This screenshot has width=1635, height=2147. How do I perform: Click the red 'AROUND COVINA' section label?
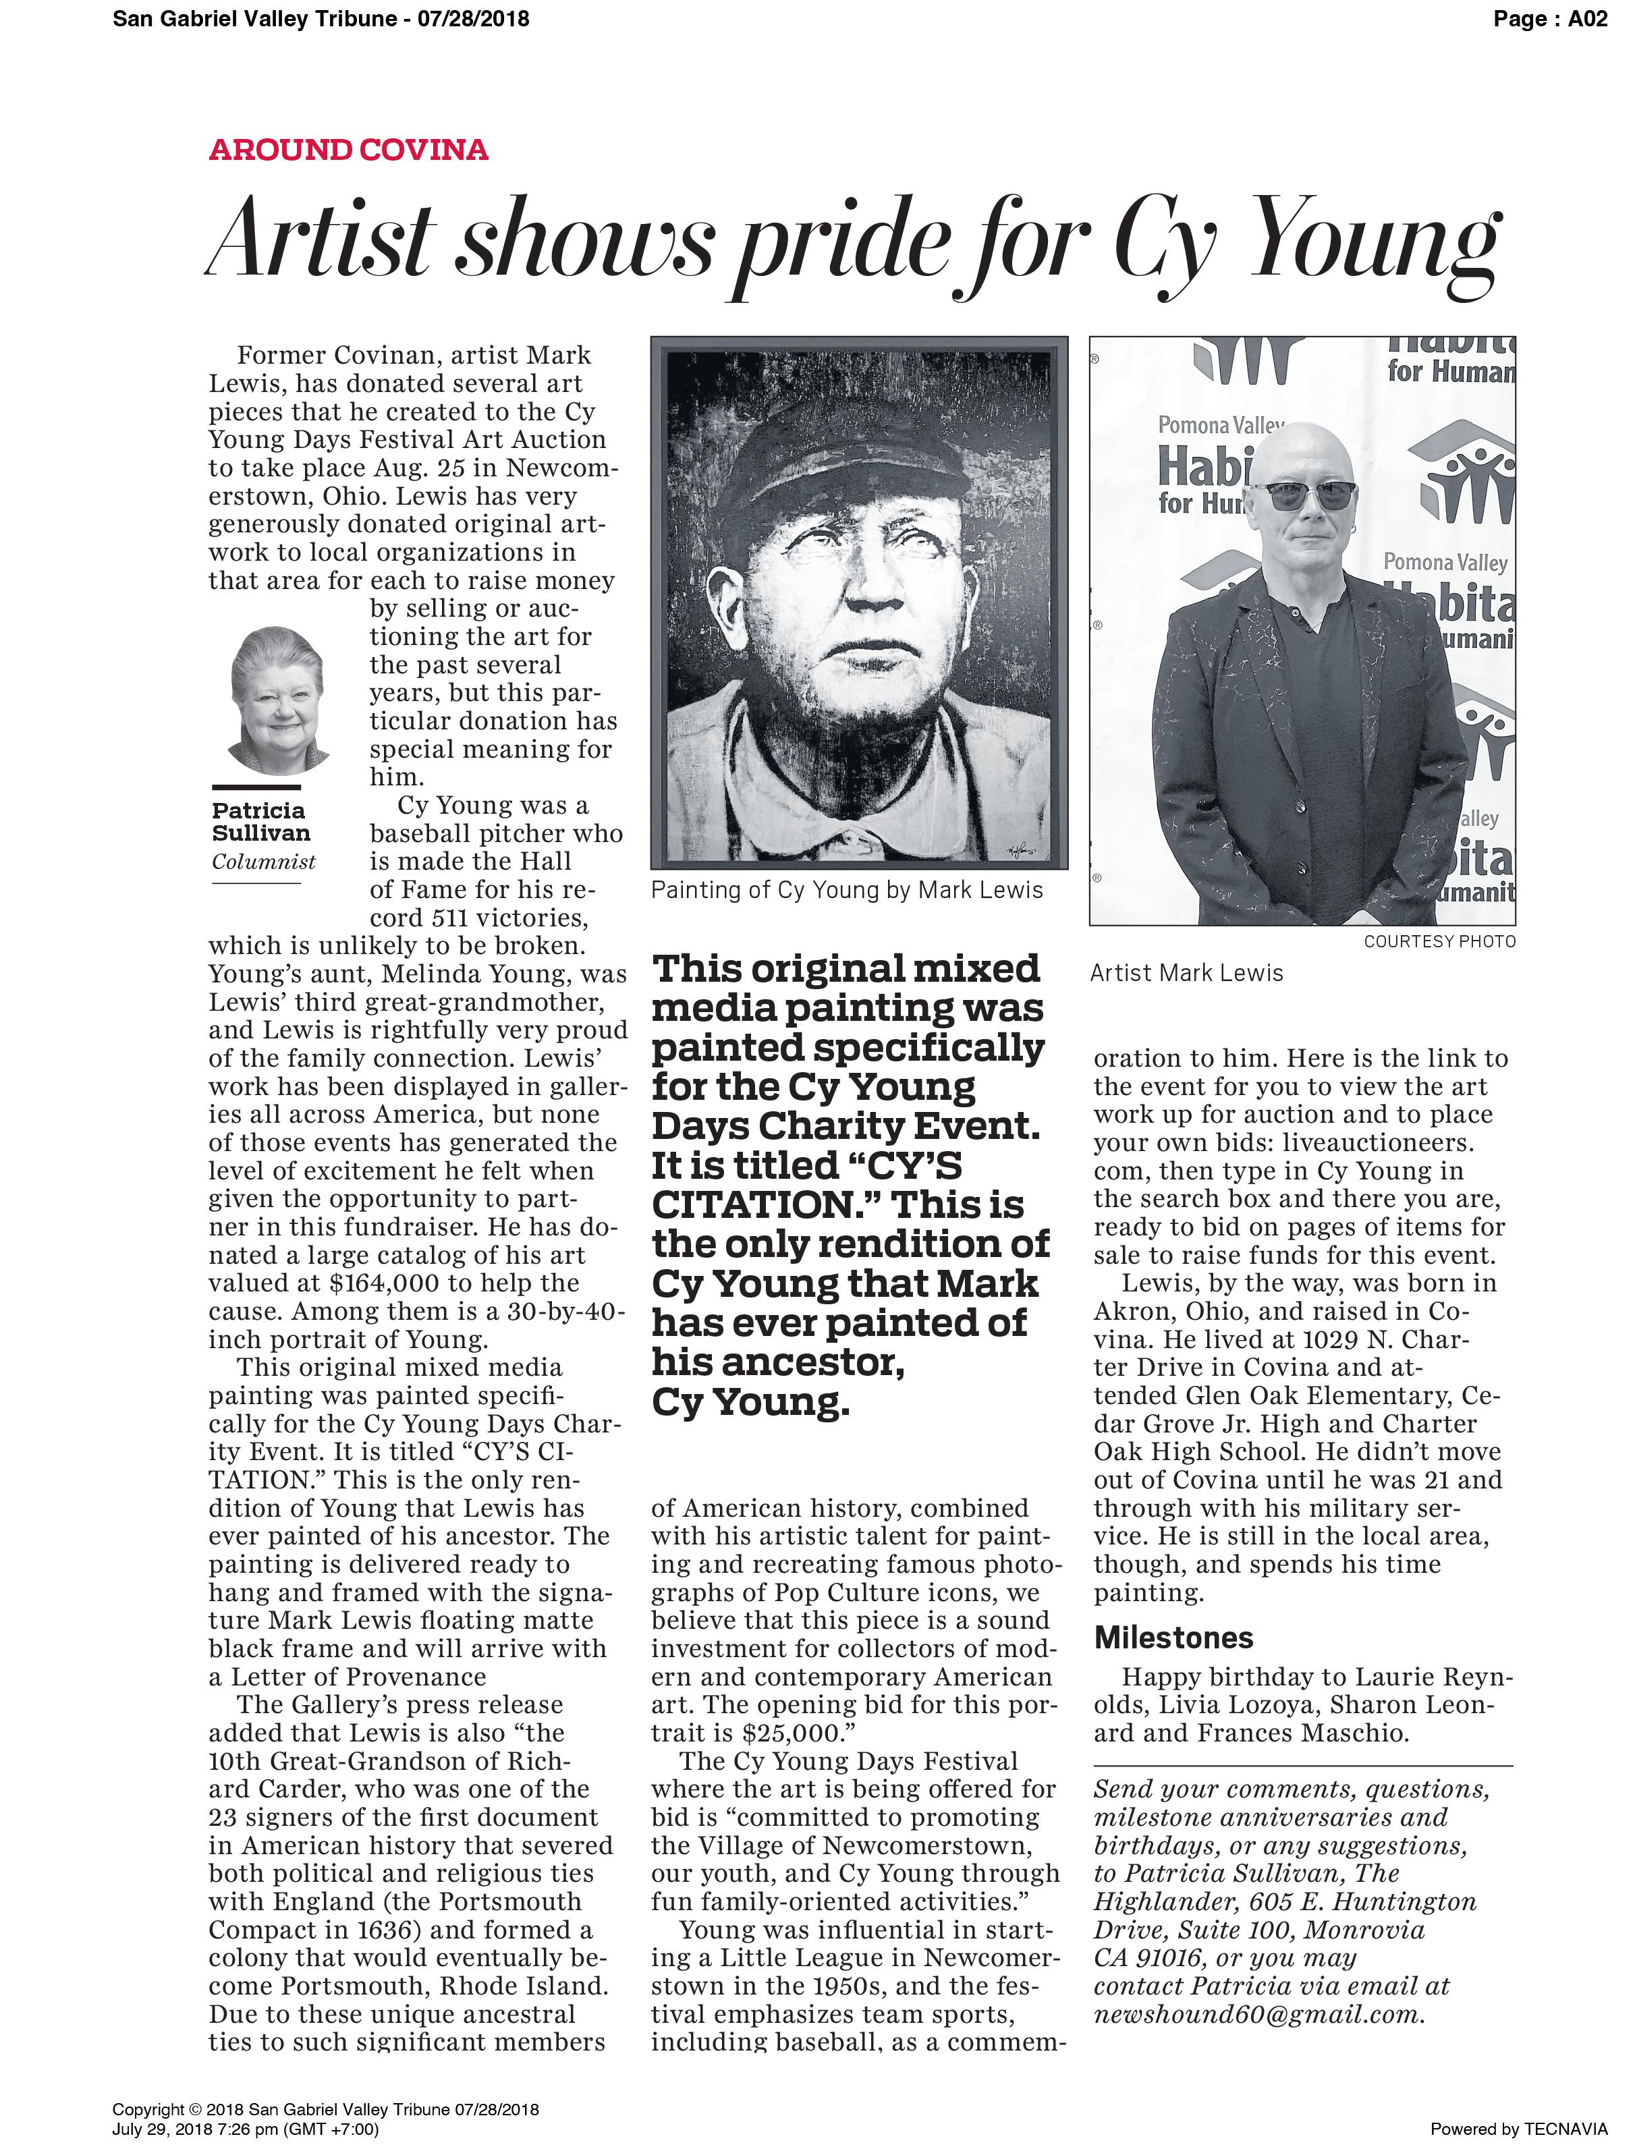pyautogui.click(x=348, y=150)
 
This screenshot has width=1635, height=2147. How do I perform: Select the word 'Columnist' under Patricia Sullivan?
pyautogui.click(x=264, y=862)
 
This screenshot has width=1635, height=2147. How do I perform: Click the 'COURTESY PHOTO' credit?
pyautogui.click(x=1439, y=941)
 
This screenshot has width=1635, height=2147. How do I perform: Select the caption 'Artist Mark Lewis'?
pyautogui.click(x=1186, y=972)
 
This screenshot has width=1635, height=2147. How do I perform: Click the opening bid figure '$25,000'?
pyautogui.click(x=790, y=1733)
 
